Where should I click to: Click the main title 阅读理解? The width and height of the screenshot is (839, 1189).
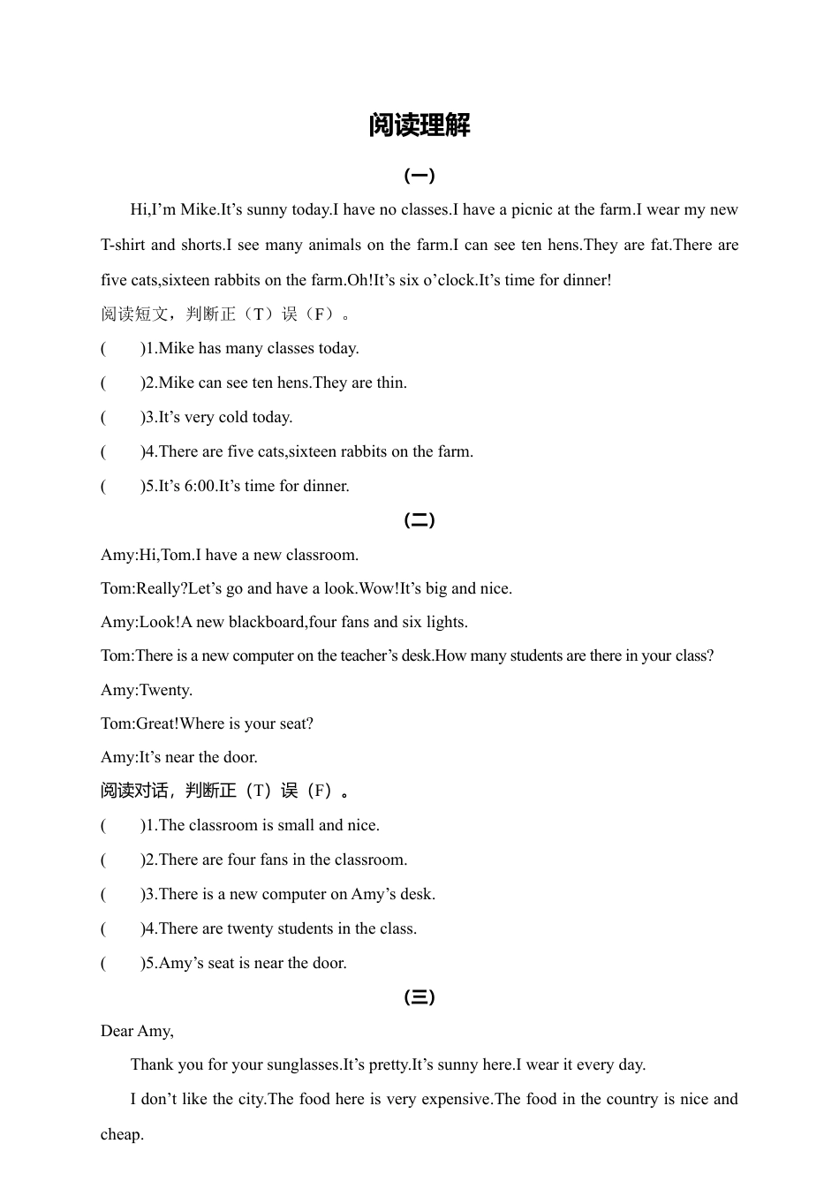click(x=419, y=125)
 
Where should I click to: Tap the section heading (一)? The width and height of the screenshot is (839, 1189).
click(x=419, y=176)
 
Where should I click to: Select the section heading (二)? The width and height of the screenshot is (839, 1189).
click(x=419, y=520)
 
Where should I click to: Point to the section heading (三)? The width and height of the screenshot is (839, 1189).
click(x=419, y=997)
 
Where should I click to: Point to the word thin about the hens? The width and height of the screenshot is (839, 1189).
click(x=391, y=382)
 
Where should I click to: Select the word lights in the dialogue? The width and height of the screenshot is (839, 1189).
click(x=446, y=622)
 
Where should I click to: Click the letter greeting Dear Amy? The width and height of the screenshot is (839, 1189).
click(x=137, y=1031)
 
